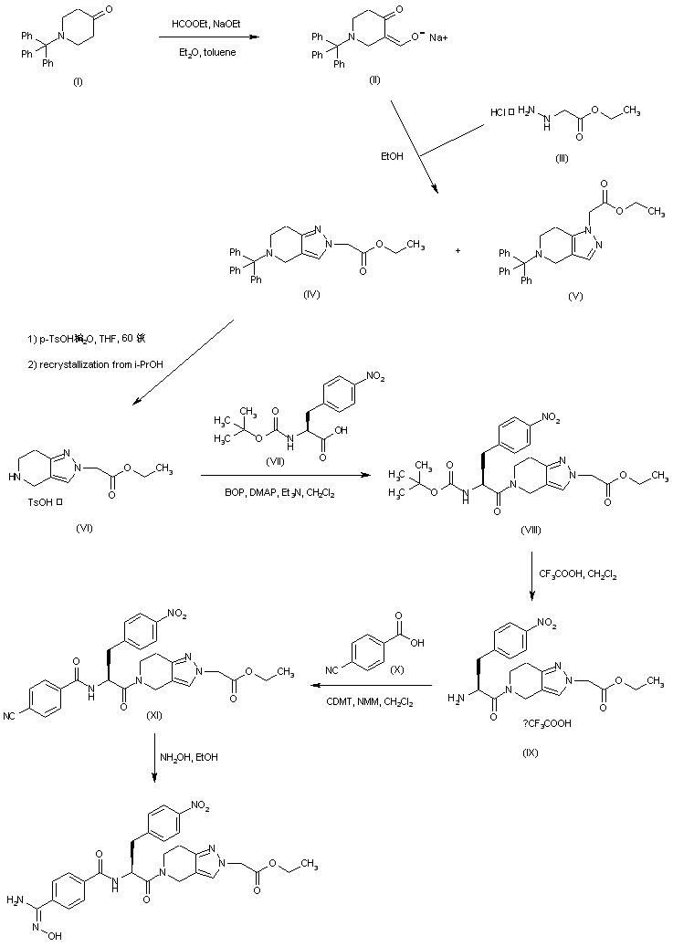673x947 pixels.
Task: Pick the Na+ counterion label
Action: pos(435,37)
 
